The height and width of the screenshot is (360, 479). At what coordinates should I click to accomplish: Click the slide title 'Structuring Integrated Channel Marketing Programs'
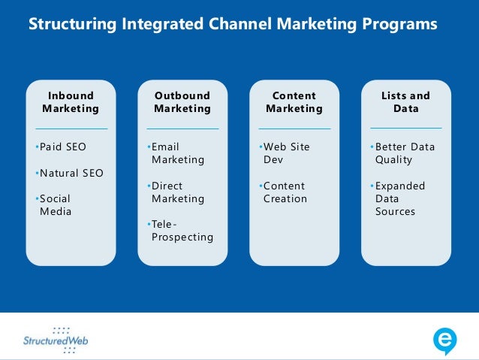pyautogui.click(x=232, y=24)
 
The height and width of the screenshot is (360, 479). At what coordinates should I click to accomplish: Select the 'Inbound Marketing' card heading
pyautogui.click(x=71, y=102)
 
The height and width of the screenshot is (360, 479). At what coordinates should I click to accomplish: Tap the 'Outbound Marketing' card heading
pyautogui.click(x=182, y=102)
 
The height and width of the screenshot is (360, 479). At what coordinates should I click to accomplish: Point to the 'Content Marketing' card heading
pyautogui.click(x=294, y=102)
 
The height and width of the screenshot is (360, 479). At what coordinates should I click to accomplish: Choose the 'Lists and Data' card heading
pyautogui.click(x=405, y=102)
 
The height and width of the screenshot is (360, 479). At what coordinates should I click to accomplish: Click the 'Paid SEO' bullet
pyautogui.click(x=63, y=147)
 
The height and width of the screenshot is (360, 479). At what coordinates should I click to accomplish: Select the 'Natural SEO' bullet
pyautogui.click(x=71, y=174)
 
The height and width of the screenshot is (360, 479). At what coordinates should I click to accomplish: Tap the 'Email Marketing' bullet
pyautogui.click(x=177, y=153)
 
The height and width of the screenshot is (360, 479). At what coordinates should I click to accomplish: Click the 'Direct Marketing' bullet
pyautogui.click(x=177, y=192)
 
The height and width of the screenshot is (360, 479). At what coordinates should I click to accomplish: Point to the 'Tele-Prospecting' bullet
pyautogui.click(x=182, y=231)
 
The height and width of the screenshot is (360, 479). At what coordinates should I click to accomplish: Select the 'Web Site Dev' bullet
pyautogui.click(x=286, y=153)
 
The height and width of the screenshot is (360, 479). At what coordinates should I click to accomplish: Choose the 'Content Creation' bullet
pyautogui.click(x=285, y=192)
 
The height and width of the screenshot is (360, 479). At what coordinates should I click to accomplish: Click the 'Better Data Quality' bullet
pyautogui.click(x=404, y=153)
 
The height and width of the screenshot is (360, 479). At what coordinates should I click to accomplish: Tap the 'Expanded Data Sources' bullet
pyautogui.click(x=399, y=198)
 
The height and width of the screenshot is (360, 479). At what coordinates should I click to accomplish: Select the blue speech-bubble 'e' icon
pyautogui.click(x=445, y=341)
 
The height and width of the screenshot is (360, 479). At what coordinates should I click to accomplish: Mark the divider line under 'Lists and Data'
pyautogui.click(x=405, y=129)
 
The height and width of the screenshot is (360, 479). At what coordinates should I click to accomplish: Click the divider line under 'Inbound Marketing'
pyautogui.click(x=71, y=129)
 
